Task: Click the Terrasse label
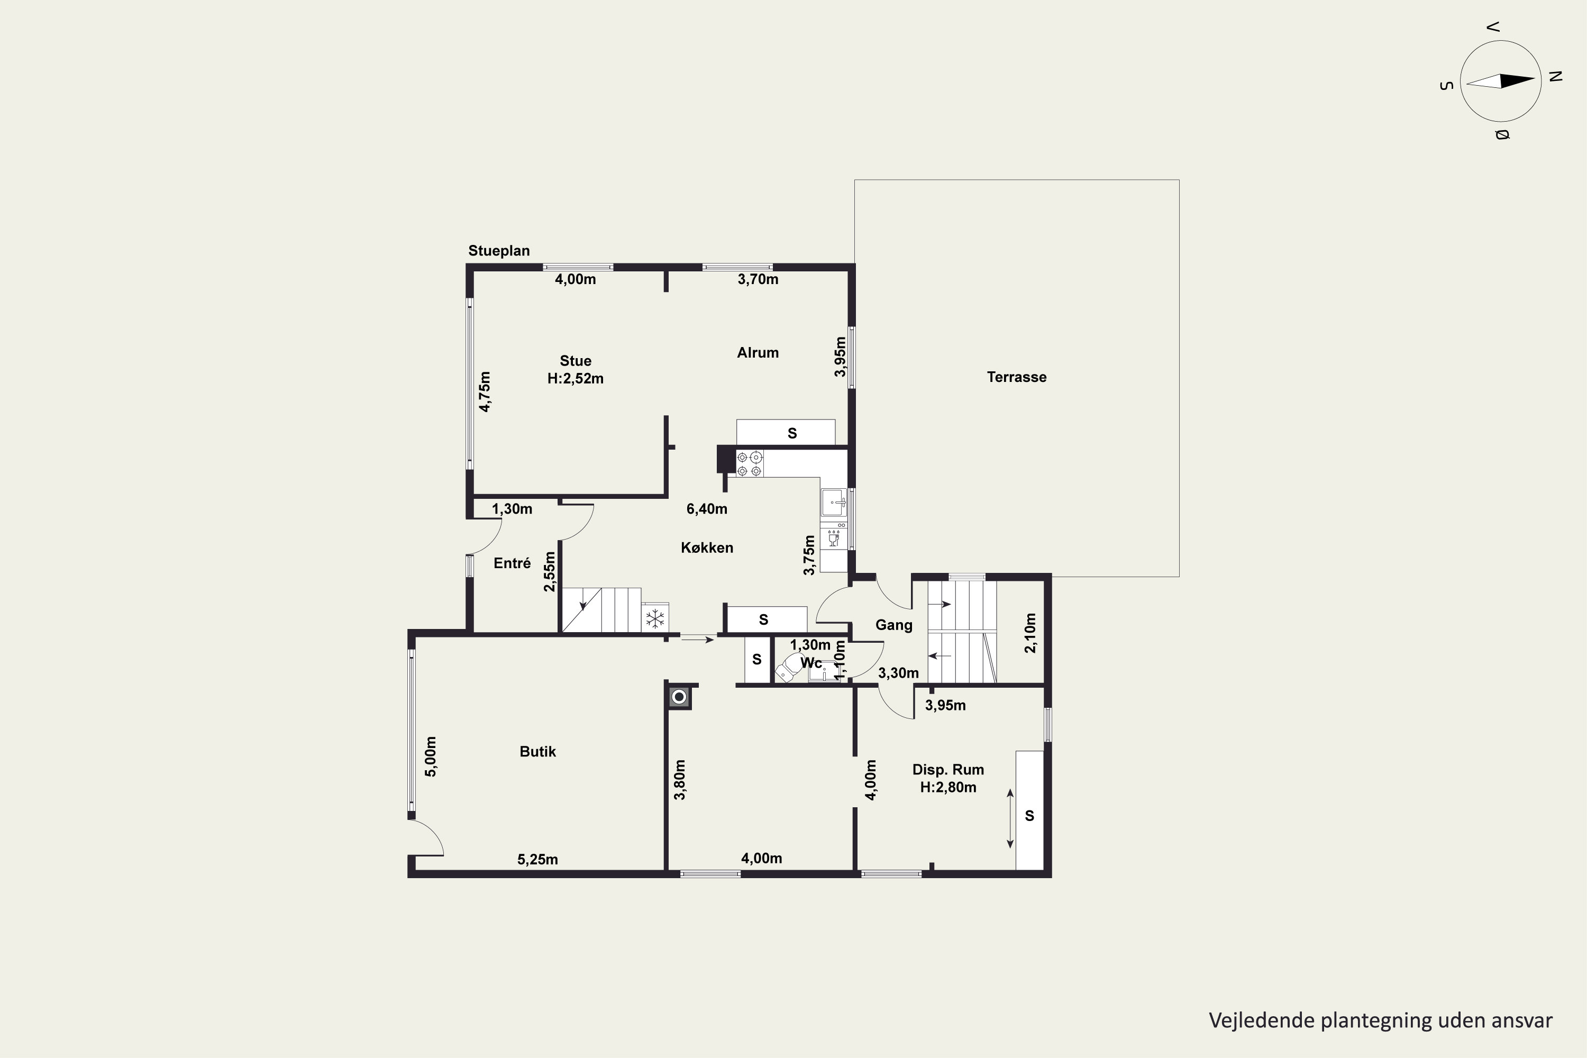point(1016,377)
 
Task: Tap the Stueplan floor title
point(499,251)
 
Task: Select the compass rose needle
point(1501,81)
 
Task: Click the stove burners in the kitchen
point(750,463)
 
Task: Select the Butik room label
point(538,752)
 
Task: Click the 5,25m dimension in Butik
point(538,860)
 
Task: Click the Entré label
point(512,563)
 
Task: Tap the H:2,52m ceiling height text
point(576,379)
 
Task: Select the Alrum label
point(758,352)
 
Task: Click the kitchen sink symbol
point(834,502)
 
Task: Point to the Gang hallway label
point(894,625)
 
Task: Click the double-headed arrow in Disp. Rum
point(1010,818)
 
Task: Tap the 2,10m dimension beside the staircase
point(1030,633)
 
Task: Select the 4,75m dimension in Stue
point(485,391)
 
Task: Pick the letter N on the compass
point(1556,76)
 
